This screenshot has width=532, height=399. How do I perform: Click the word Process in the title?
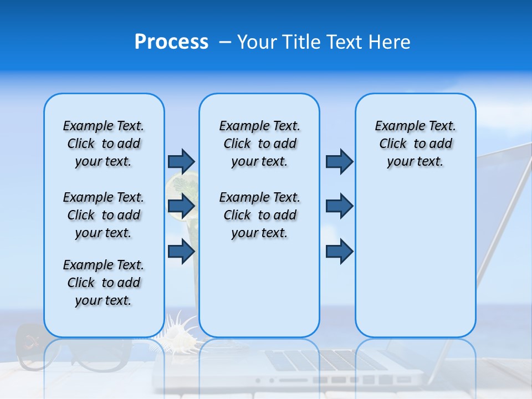point(171,42)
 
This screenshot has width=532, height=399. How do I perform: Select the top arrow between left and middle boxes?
point(181,161)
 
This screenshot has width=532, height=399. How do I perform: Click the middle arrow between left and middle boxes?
point(181,206)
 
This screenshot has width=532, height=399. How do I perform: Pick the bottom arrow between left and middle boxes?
point(181,251)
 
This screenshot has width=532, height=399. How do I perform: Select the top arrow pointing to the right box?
point(339,161)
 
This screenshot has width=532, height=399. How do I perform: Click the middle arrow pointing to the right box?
point(339,206)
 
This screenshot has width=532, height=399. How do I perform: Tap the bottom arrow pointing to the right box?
point(339,251)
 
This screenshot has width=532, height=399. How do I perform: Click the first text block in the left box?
point(104,144)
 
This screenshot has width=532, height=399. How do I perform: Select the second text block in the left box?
point(104,215)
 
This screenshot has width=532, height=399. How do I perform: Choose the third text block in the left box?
point(104,283)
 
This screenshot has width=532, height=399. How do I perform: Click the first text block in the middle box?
point(259,144)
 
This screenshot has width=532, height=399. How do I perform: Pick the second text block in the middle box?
point(259,215)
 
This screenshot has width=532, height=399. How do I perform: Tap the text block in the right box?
point(415,144)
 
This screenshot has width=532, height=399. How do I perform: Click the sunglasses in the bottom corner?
point(33,349)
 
